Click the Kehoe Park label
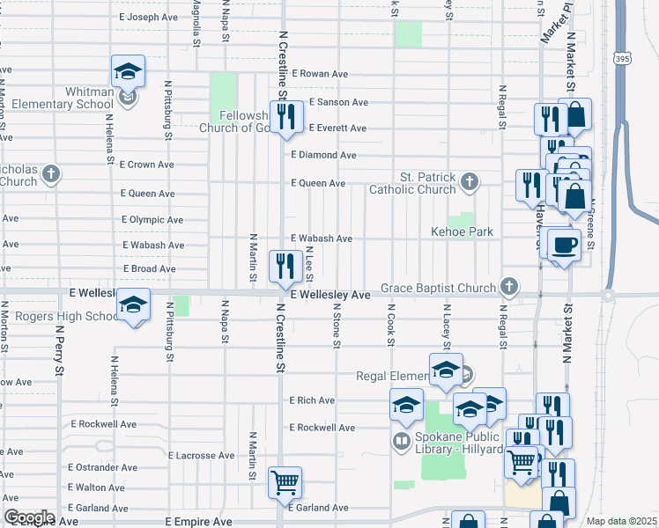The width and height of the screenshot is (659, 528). (462, 231)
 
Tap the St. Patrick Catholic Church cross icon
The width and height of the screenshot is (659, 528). (470, 182)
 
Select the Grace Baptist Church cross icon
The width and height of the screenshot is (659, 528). (508, 286)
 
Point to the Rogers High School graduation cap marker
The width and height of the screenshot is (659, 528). (133, 306)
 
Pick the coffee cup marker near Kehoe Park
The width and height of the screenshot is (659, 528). (564, 245)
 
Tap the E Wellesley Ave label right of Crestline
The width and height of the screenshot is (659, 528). (330, 296)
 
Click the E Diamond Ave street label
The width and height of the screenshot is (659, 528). (323, 155)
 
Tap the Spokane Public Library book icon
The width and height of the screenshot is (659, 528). (402, 440)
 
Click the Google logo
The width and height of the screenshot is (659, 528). (29, 517)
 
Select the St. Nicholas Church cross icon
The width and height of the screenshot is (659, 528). (51, 173)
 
